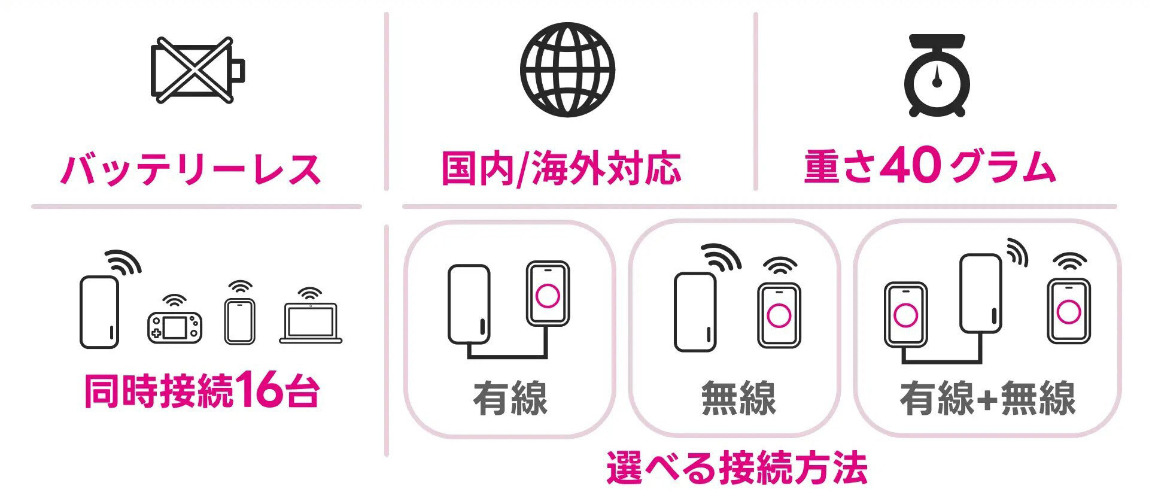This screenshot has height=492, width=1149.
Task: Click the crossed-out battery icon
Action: coord(196,71)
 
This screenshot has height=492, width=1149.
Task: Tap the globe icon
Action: coord(567,69)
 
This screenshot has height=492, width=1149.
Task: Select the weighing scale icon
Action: coord(937,75)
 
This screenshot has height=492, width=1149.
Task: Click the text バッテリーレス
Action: coord(191,169)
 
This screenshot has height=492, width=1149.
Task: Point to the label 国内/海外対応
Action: coord(561,168)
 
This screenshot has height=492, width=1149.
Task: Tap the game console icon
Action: coord(174,326)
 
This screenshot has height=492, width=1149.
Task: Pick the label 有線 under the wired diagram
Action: coord(510,398)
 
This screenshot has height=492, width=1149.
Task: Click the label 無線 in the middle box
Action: coord(738,398)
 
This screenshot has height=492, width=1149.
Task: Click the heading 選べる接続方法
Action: coord(737,467)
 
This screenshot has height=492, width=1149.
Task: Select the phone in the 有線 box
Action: coord(548,293)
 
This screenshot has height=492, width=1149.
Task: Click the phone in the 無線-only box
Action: coord(779,315)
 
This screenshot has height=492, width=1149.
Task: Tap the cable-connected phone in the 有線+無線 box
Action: coord(905,314)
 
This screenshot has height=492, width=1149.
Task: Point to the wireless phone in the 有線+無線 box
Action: coord(1068,311)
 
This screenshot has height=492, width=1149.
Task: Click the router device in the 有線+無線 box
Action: coord(980,293)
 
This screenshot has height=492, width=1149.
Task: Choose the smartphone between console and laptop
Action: coord(239,321)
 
